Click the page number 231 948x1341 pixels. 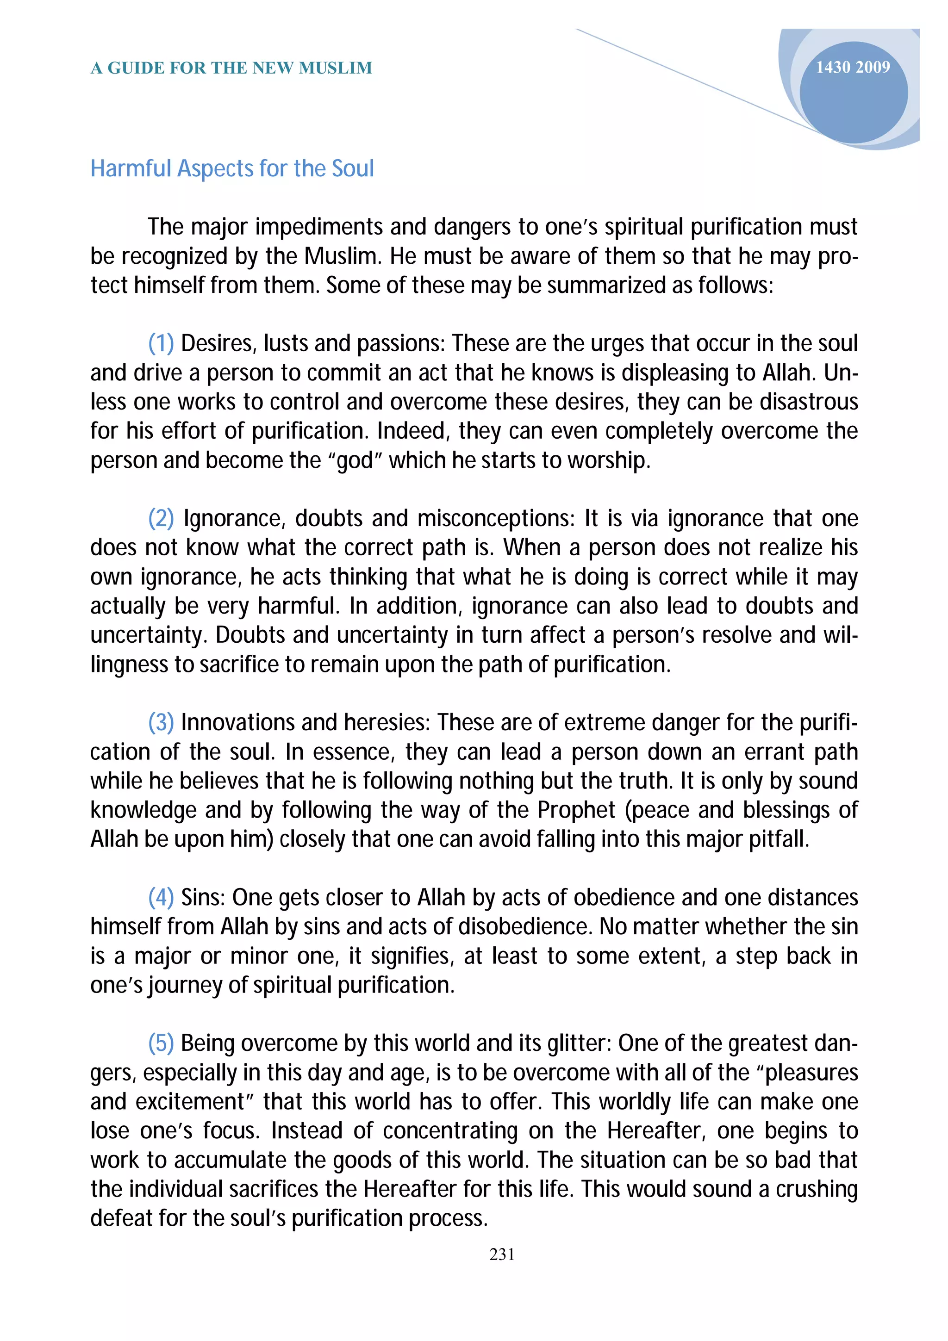coord(502,1254)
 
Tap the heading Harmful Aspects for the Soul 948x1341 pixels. coord(232,169)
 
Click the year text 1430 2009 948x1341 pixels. coord(852,68)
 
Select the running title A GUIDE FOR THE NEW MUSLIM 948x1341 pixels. coord(231,68)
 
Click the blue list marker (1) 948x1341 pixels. coord(161,343)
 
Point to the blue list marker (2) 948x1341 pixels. coord(161,519)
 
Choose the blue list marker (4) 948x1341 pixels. coord(161,898)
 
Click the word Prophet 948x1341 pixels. coord(576,810)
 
